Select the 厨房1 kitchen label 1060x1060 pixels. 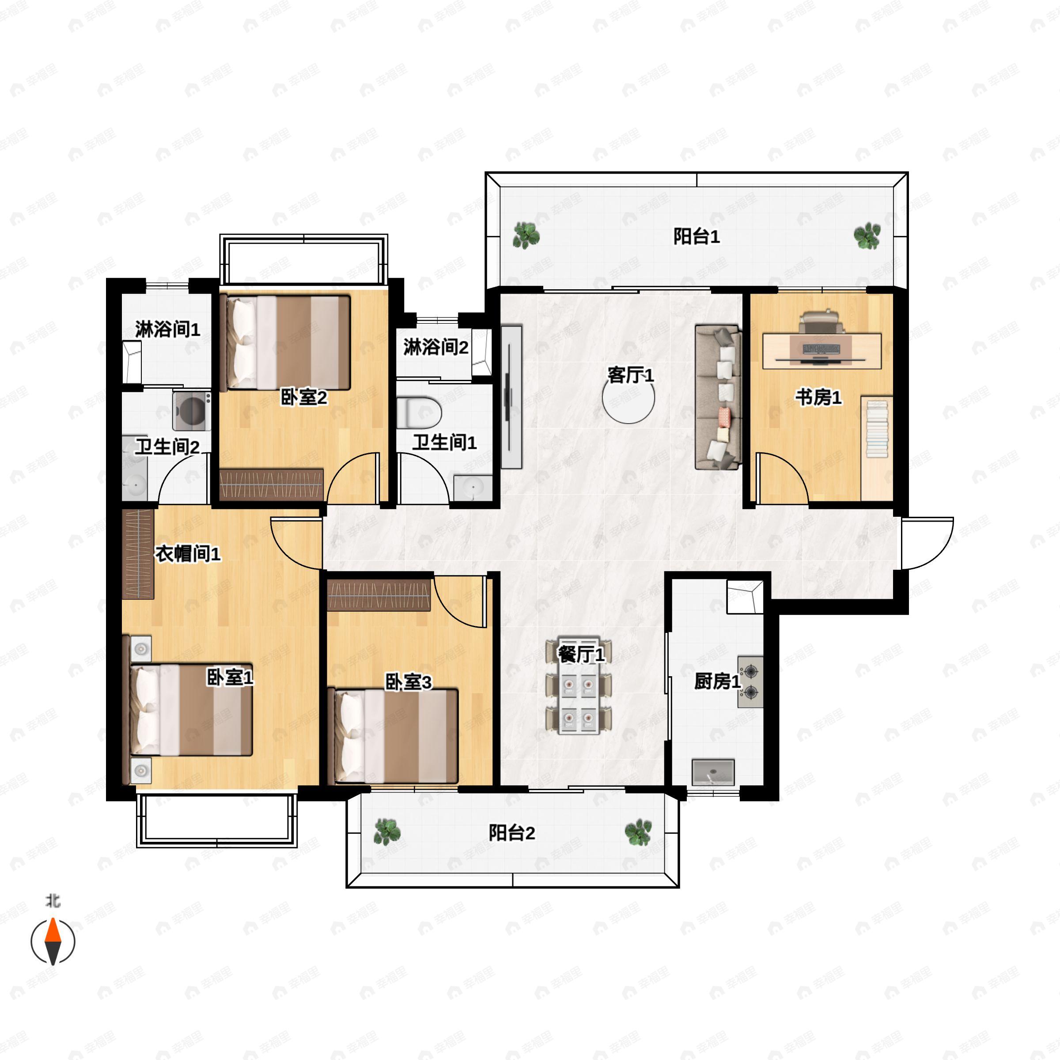717,681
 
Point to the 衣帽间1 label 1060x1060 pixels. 188,554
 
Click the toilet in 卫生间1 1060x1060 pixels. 419,413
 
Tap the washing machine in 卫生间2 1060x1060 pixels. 192,410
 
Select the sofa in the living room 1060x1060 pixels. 719,397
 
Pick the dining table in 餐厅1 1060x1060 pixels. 579,686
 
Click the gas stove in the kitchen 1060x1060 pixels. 750,682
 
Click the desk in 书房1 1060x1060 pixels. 822,351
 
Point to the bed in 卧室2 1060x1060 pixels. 285,343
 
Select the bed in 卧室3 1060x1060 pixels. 393,736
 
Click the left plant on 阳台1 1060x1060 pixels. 526,236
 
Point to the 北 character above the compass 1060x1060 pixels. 53,901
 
